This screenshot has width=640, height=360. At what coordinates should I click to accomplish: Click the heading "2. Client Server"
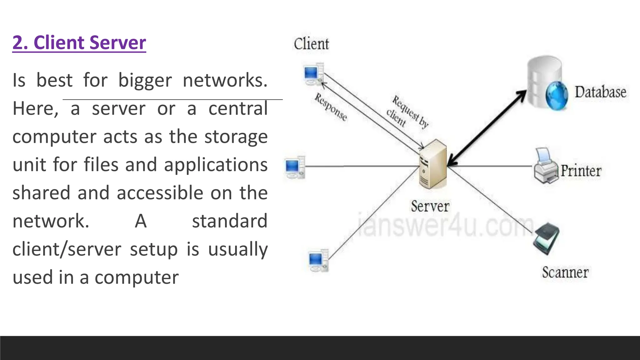click(79, 43)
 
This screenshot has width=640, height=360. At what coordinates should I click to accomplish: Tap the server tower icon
click(433, 165)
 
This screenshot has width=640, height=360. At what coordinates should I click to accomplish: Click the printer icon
click(545, 167)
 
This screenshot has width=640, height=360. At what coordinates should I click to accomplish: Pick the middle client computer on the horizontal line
click(295, 167)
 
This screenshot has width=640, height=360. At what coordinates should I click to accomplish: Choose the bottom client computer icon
click(318, 260)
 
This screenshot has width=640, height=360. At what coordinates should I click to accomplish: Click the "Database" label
click(600, 92)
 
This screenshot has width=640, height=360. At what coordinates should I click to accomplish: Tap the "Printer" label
click(581, 171)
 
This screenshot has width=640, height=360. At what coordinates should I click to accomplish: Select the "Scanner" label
click(565, 272)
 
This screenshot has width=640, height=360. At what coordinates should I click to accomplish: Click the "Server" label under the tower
click(430, 207)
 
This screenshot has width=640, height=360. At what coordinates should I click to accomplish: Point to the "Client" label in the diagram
click(311, 44)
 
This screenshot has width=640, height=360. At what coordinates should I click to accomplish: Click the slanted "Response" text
click(331, 107)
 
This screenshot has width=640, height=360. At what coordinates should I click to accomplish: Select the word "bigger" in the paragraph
click(145, 81)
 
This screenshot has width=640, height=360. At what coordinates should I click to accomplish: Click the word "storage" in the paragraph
click(236, 137)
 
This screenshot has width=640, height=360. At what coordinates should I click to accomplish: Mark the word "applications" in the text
click(216, 165)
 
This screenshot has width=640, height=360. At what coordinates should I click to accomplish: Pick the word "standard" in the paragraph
click(230, 221)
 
